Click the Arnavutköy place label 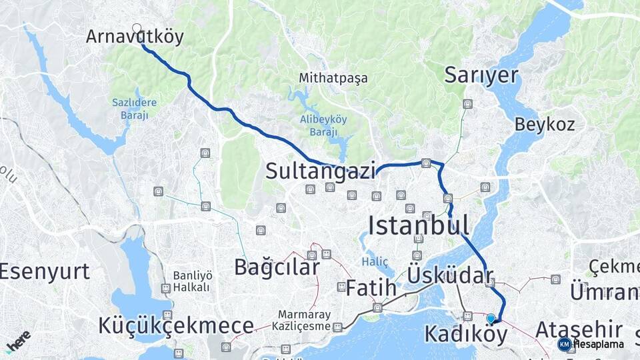[134, 37]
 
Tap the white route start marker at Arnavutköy [137, 28]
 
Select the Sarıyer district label [481, 75]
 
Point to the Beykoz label [544, 124]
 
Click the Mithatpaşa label [333, 78]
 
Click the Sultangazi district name [320, 171]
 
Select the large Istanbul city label [418, 225]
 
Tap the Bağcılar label [276, 267]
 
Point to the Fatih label [371, 289]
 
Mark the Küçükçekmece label [176, 326]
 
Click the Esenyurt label [44, 271]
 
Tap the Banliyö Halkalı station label [191, 281]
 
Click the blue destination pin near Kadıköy [491, 319]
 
